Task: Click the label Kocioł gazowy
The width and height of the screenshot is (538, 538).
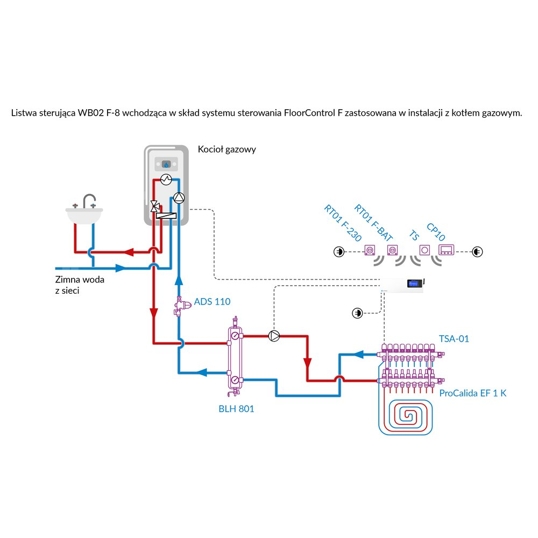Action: point(226,150)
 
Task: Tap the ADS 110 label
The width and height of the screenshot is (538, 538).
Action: point(212,301)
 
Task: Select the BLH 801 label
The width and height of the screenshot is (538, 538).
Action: point(236,409)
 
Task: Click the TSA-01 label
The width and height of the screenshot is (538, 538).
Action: point(454,338)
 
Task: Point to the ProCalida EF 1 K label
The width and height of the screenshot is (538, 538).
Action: point(472,393)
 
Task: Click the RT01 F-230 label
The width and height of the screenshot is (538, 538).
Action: point(342,223)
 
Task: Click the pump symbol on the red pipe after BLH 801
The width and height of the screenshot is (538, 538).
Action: point(274,336)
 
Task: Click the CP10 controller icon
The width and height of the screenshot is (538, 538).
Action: point(448,250)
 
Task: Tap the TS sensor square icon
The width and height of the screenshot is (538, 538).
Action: point(425,250)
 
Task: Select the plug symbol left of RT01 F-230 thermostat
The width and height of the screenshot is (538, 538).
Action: point(338,251)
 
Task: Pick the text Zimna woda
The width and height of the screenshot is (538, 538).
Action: point(79,280)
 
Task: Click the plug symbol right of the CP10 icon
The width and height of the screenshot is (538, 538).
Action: point(477,251)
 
